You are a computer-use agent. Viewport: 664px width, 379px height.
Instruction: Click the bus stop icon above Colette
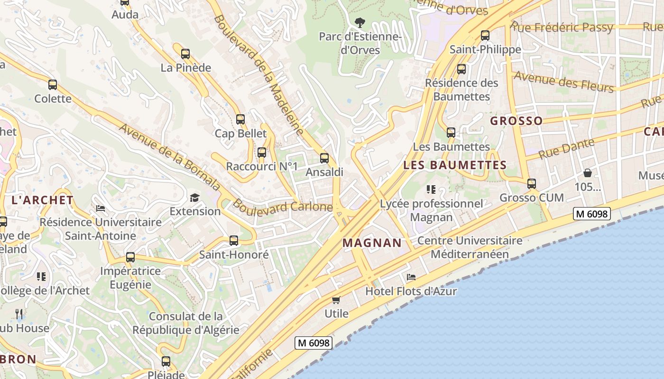click(x=53, y=85)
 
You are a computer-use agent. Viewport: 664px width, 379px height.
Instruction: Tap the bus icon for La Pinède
click(x=185, y=54)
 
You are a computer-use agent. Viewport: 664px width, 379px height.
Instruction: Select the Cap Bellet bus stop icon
click(x=240, y=119)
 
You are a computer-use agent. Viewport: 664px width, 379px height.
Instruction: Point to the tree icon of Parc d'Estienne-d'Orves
click(x=360, y=22)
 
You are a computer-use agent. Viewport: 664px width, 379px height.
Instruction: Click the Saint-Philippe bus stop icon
click(x=485, y=36)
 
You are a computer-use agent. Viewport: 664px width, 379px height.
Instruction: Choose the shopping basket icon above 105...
click(x=588, y=173)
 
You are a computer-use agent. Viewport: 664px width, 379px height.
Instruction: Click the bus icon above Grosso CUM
click(x=532, y=184)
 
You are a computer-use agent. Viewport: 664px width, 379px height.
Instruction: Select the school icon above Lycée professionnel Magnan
click(x=431, y=189)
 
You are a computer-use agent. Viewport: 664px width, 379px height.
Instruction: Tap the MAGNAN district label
click(x=372, y=243)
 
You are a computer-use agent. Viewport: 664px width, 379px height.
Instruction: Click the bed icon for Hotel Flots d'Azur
click(x=411, y=277)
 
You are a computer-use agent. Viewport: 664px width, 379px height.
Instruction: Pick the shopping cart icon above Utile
click(x=336, y=299)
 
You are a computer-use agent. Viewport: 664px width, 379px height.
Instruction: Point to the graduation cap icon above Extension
click(x=195, y=197)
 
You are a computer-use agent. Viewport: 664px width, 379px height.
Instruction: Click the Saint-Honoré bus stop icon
click(x=234, y=241)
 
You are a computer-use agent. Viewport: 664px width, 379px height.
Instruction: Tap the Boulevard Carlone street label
click(x=283, y=207)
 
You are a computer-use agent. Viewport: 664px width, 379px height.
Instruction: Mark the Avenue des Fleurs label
click(x=563, y=81)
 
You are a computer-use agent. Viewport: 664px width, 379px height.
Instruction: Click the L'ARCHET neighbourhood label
click(x=43, y=200)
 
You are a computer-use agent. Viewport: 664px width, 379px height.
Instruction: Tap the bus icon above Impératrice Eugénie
click(x=130, y=258)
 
